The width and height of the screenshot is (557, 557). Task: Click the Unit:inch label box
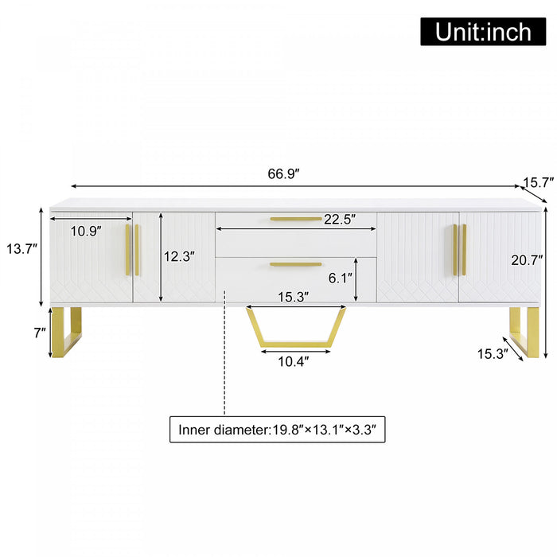484,31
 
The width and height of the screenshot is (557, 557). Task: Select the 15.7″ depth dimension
537,182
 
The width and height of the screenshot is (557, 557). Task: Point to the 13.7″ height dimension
22,248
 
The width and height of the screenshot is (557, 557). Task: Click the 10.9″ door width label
86,232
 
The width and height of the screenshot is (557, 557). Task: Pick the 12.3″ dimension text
179,255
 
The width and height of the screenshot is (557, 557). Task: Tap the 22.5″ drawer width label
338,219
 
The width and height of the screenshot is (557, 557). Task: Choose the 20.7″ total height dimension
528,259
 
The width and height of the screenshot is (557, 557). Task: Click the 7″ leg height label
40,333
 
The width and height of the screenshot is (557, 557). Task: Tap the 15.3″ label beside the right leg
492,353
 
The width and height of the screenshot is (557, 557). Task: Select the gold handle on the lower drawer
295,264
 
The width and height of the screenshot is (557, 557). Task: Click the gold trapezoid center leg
295,341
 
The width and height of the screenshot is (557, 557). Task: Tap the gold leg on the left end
67,331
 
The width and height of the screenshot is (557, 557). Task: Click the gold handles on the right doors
459,250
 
